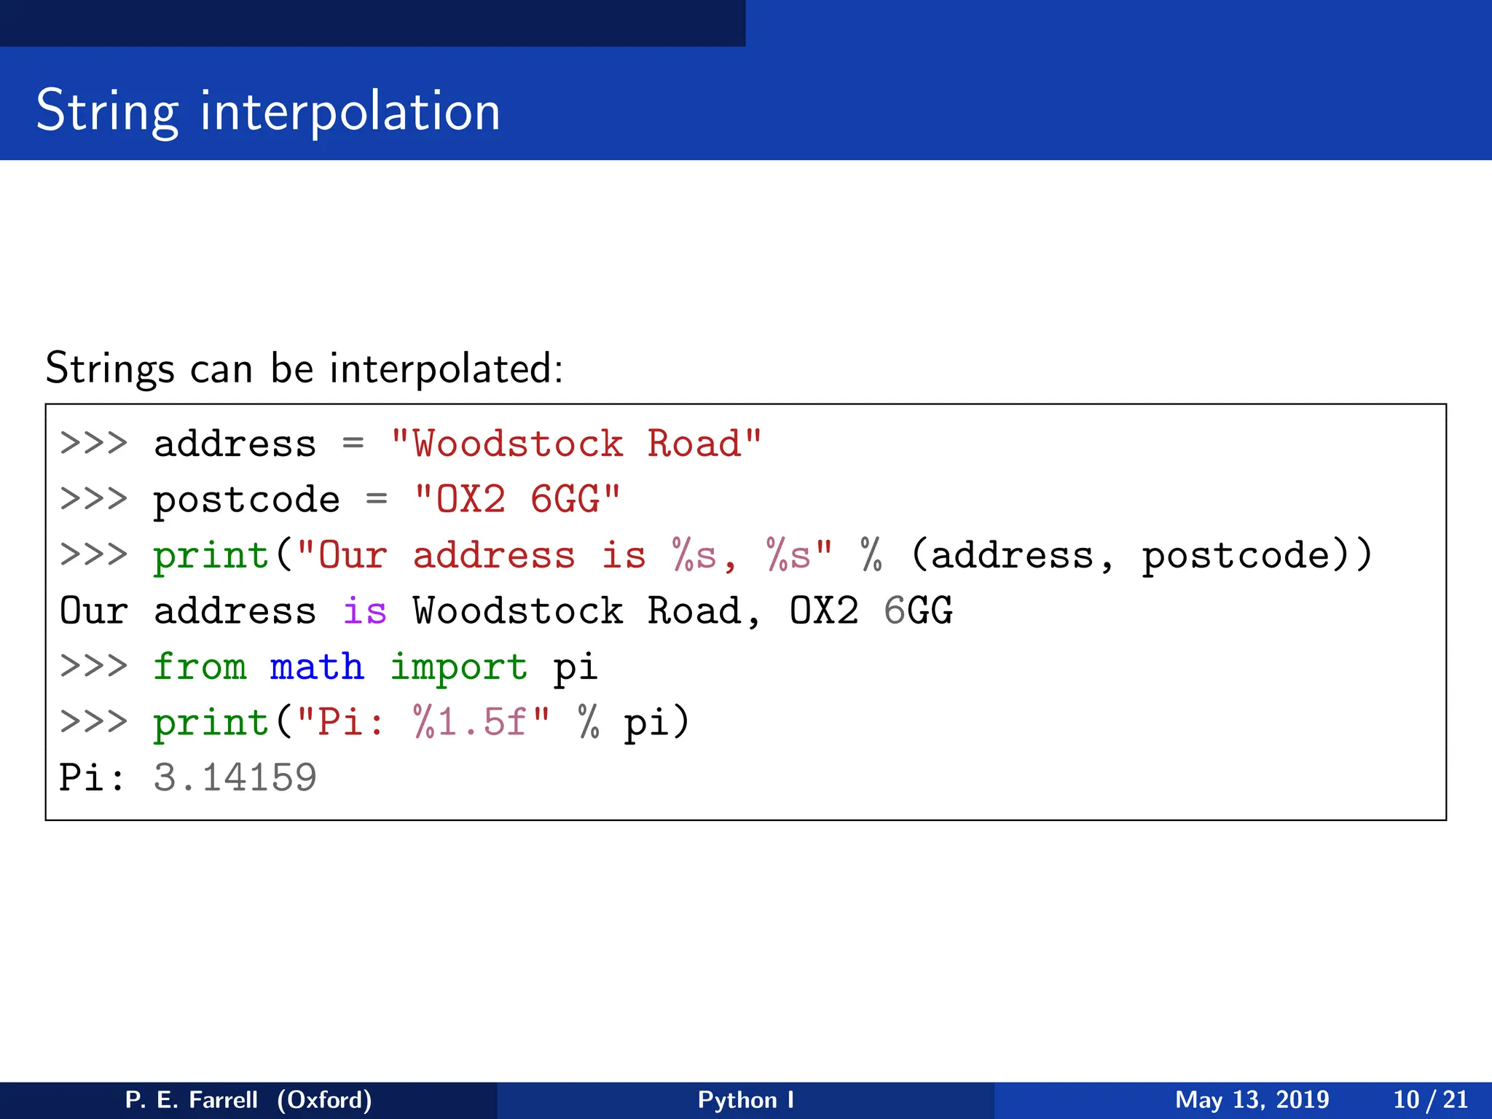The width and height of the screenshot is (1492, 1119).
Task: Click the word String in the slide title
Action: [x=107, y=111]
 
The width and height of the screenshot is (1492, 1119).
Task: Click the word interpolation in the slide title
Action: [x=350, y=111]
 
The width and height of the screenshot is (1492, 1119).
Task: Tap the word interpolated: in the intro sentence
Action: [x=446, y=368]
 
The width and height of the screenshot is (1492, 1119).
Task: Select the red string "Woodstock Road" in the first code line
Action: [x=576, y=444]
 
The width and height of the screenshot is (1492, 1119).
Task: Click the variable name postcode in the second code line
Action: [x=246, y=500]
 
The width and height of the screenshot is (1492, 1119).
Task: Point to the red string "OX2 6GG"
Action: [x=517, y=500]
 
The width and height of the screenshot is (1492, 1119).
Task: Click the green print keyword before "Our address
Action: [x=211, y=556]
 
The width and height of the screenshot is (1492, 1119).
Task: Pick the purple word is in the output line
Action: [x=364, y=610]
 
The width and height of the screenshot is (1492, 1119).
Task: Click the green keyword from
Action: [x=200, y=667]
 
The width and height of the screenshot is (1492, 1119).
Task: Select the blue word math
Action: [x=317, y=667]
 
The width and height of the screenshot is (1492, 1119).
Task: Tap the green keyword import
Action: [x=458, y=667]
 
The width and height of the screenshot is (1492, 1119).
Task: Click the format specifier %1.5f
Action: [x=470, y=722]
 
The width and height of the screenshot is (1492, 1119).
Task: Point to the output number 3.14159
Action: [x=235, y=777]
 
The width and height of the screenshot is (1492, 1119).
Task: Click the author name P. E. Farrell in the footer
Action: [x=191, y=1099]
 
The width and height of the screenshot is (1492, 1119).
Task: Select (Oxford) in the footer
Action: [x=324, y=1099]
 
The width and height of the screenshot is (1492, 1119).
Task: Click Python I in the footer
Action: [x=745, y=1099]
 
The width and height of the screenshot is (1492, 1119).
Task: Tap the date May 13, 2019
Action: [x=1252, y=1099]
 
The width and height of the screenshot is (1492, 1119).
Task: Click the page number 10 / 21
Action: [x=1430, y=1099]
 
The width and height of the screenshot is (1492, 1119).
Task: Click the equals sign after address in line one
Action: [x=353, y=444]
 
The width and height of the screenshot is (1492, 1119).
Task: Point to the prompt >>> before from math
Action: [x=93, y=667]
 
